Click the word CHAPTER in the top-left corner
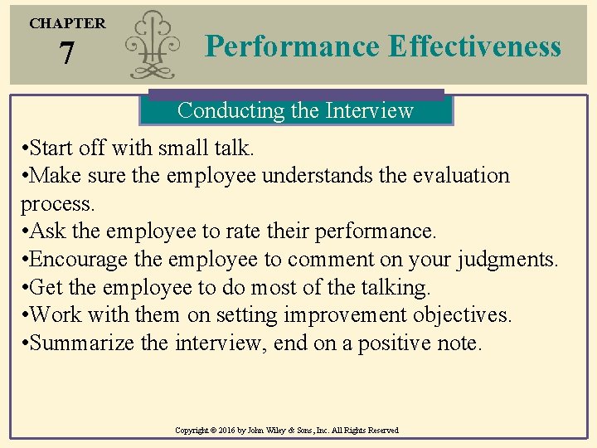(67, 23)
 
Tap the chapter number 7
(66, 55)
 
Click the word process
(56, 204)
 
